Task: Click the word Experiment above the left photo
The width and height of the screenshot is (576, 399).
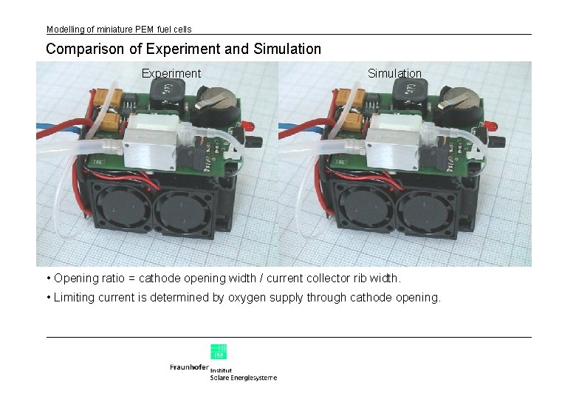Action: tap(171, 73)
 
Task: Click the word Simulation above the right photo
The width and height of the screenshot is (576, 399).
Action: tap(394, 73)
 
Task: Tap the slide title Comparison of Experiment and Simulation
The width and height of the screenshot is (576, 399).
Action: tap(183, 50)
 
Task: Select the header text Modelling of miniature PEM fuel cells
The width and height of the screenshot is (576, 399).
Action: tap(119, 30)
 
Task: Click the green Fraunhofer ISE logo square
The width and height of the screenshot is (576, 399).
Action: tap(219, 352)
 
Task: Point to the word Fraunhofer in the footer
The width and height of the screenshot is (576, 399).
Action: tap(189, 367)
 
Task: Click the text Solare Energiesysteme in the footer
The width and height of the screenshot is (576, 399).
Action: tap(244, 378)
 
